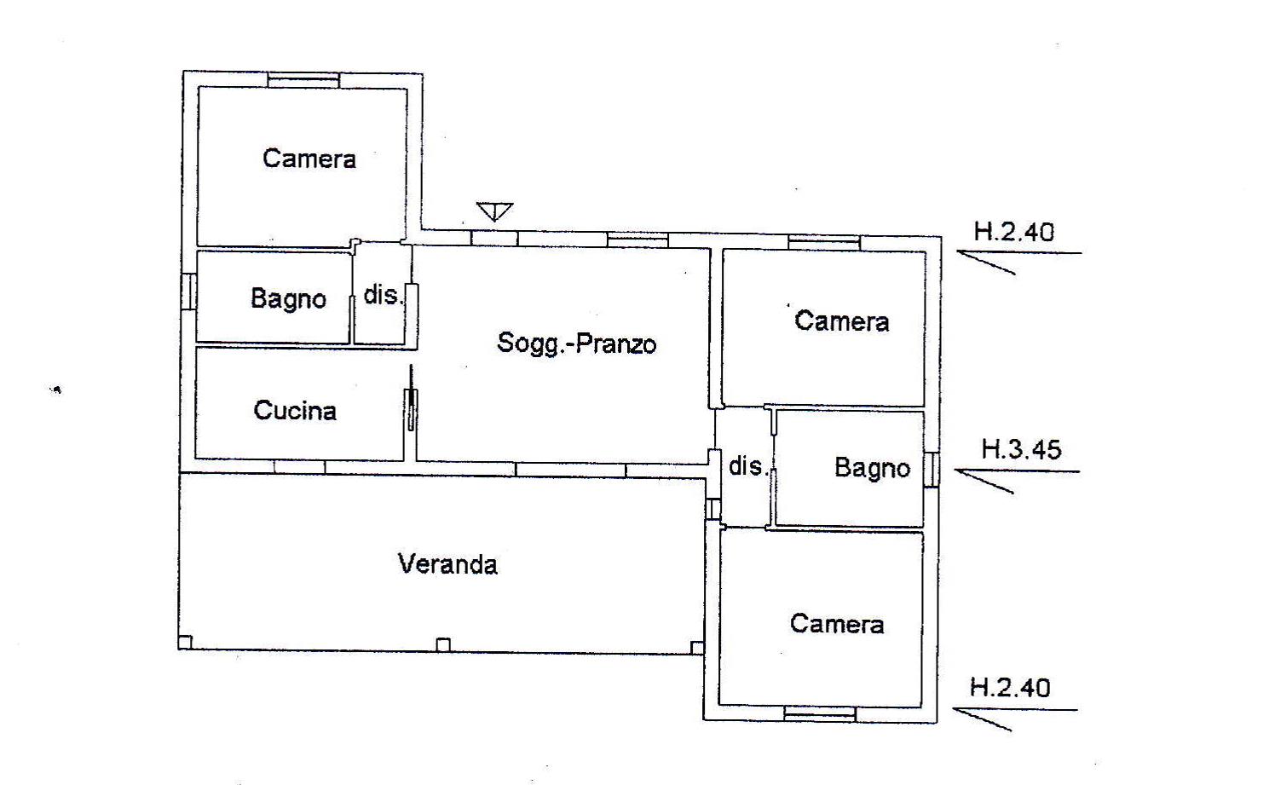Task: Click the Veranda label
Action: click(x=447, y=564)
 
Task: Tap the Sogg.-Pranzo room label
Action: click(x=577, y=343)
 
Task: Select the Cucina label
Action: click(x=295, y=411)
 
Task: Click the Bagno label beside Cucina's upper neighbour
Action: click(x=289, y=299)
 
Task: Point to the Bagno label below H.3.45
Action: click(x=873, y=468)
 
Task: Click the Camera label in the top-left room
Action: click(x=309, y=159)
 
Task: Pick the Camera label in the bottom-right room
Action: click(x=837, y=624)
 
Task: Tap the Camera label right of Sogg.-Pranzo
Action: click(x=842, y=321)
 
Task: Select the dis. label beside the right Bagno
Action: click(x=748, y=466)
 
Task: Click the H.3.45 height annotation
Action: click(x=1022, y=450)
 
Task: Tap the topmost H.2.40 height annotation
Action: click(x=1014, y=232)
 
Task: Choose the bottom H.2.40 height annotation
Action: click(x=1010, y=688)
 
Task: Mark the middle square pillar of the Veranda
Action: click(x=443, y=645)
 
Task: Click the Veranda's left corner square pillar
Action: click(x=185, y=642)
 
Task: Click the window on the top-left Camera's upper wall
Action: click(x=303, y=80)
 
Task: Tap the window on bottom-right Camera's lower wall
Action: click(x=820, y=714)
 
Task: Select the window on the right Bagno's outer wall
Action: click(x=932, y=470)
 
